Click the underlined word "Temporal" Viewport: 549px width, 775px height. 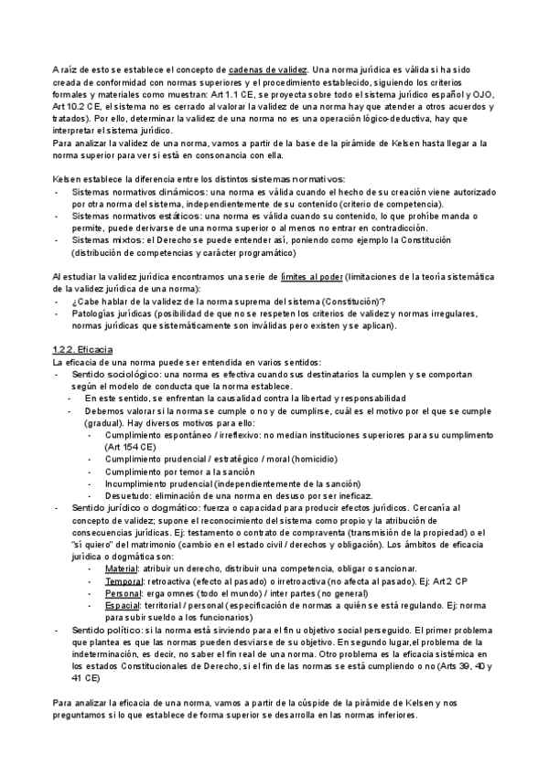(125, 580)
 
